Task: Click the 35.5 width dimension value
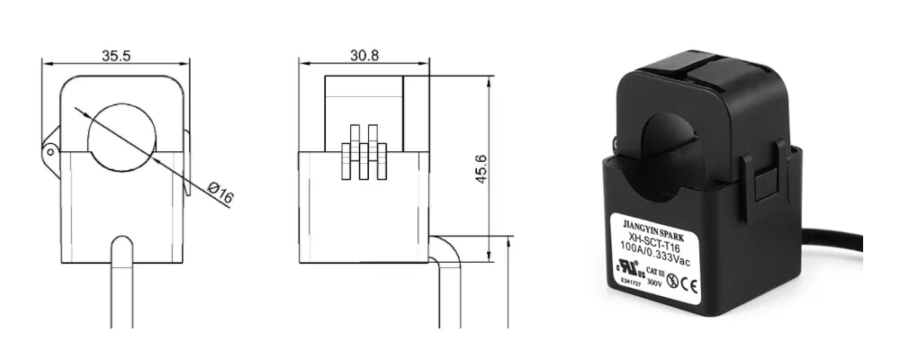pos(116,55)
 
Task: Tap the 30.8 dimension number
pos(364,55)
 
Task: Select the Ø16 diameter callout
pos(220,192)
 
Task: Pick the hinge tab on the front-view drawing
pos(50,150)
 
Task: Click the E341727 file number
pos(627,283)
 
